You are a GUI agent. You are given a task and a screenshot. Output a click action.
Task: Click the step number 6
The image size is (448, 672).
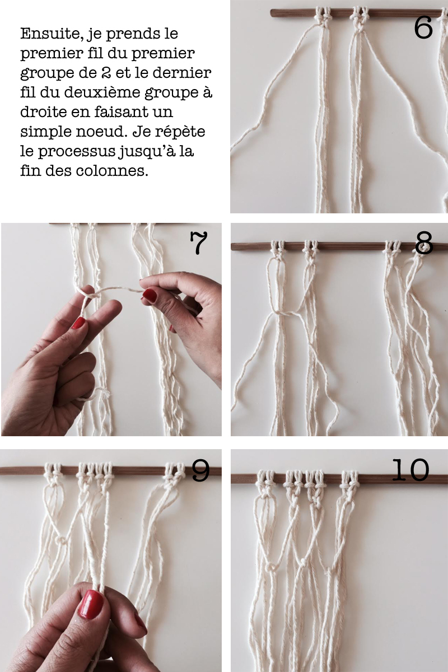coord(423,27)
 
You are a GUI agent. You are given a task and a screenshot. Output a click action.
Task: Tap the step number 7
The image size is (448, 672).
coord(199,243)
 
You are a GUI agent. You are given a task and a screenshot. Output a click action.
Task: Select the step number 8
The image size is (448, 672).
coord(424,243)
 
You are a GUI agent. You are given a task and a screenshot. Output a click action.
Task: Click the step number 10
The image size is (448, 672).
coord(410,470)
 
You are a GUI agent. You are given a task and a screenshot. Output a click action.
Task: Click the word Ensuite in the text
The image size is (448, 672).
coord(52,34)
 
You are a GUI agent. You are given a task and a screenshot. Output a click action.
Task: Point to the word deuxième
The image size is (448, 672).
coord(102,92)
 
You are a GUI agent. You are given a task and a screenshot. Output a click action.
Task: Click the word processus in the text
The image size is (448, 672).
coord(77,152)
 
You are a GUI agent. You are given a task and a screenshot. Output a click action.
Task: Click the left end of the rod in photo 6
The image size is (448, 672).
coord(272,12)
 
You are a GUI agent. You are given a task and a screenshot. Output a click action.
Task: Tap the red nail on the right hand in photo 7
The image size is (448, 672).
coord(150,295)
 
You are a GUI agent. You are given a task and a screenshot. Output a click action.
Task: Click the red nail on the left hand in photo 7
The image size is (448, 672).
coord(78,323)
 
